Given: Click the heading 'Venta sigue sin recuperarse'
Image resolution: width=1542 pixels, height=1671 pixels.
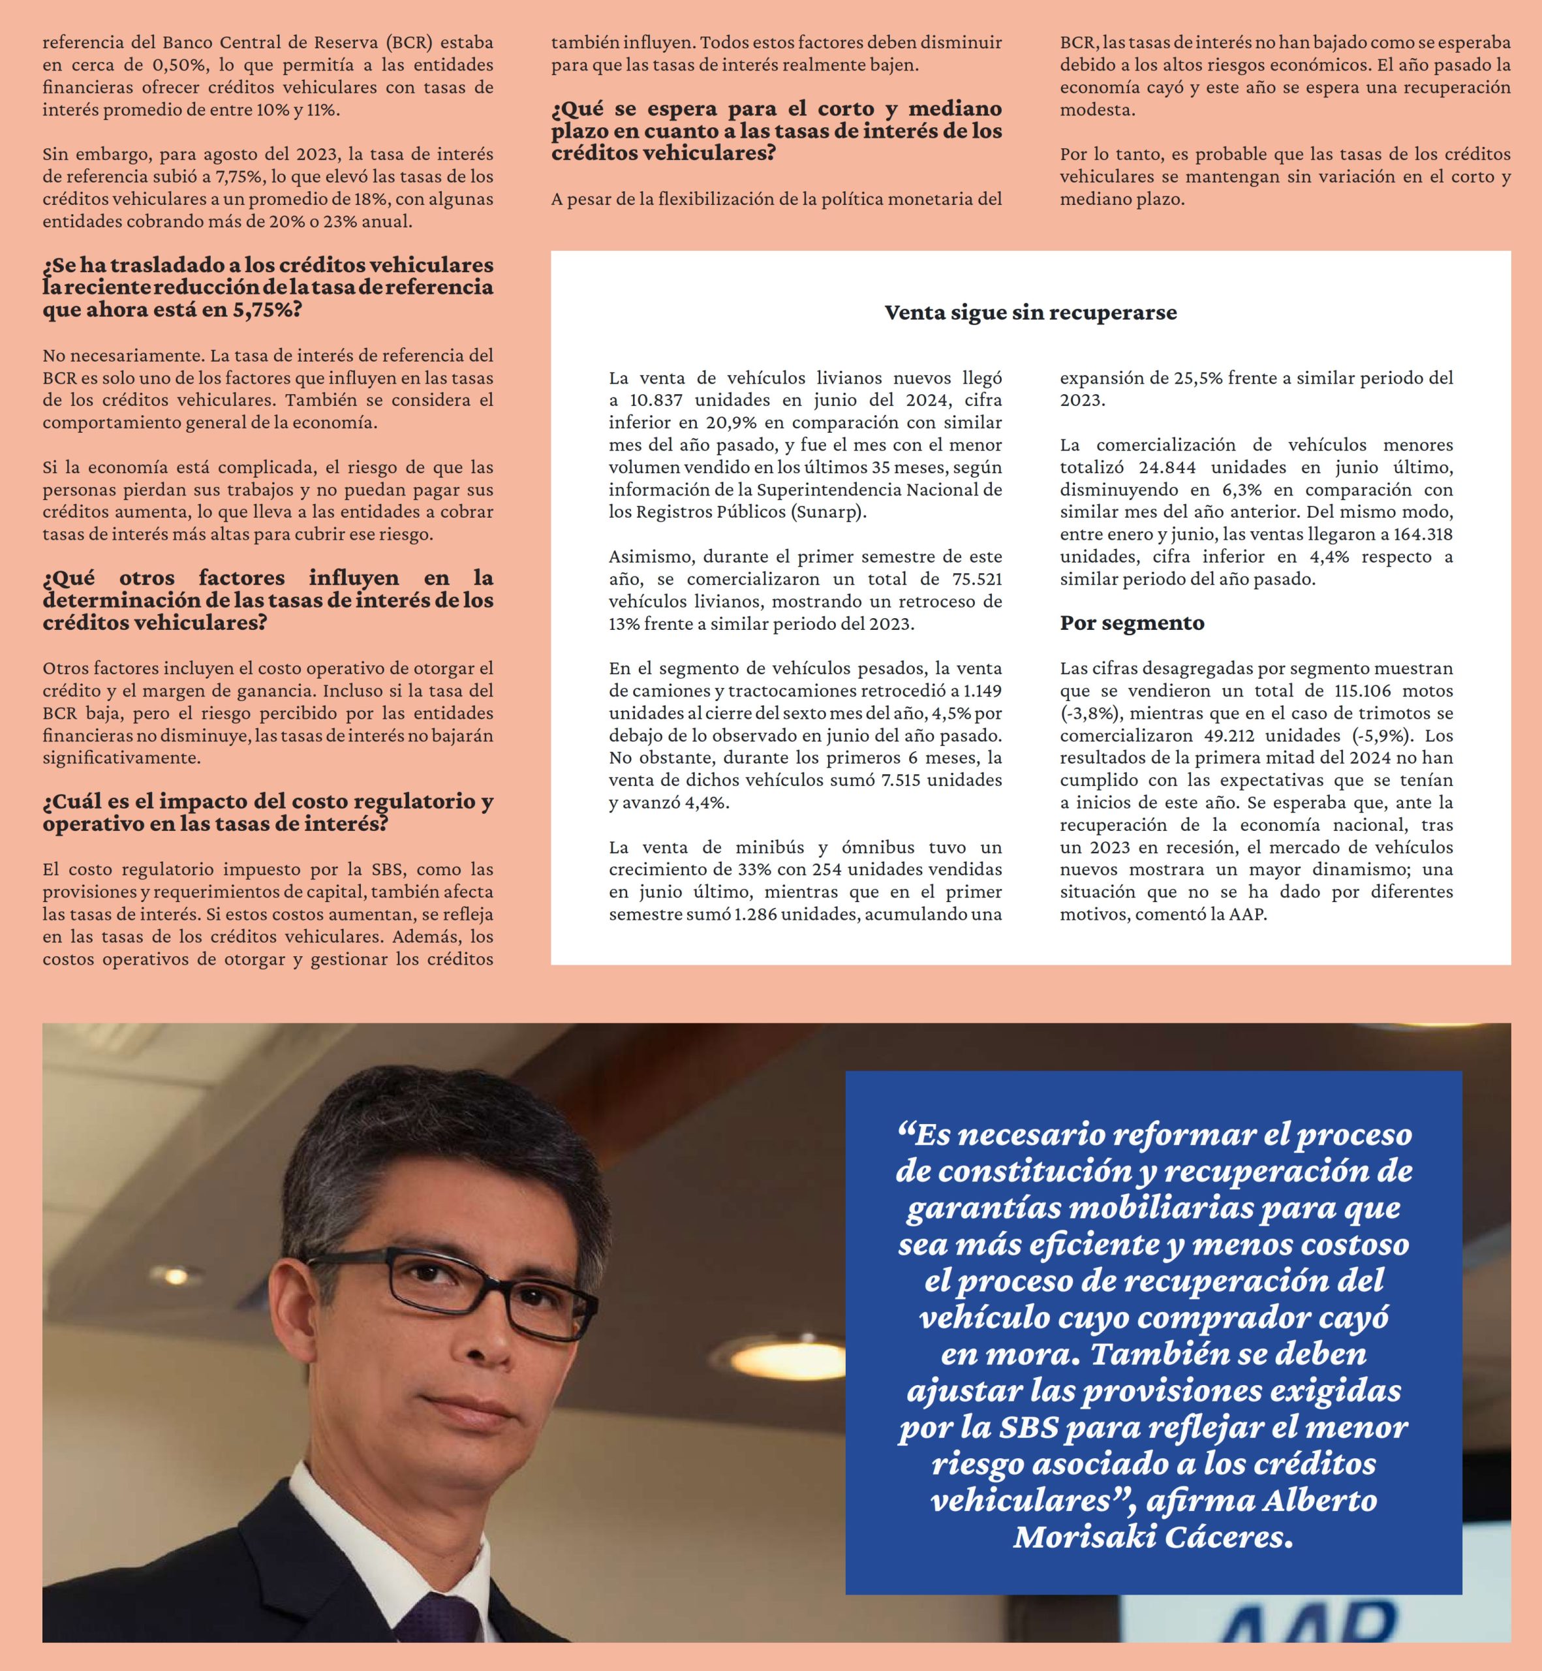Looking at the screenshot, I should (1030, 313).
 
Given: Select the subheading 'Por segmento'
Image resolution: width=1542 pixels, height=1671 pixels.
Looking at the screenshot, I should (1132, 623).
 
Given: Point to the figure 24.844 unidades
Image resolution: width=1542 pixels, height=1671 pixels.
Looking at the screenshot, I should (1171, 467).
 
